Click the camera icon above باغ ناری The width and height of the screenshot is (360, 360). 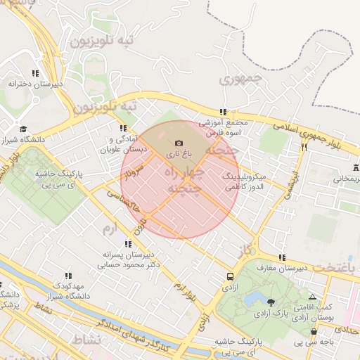(x=177, y=143)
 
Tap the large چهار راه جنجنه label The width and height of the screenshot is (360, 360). (x=184, y=180)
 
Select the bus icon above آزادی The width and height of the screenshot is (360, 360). (x=231, y=276)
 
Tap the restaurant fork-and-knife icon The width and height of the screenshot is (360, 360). (x=304, y=148)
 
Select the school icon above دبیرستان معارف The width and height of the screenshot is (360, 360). (x=282, y=257)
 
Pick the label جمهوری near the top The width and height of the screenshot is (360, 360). (x=240, y=79)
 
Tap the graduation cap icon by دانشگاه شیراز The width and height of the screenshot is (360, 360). (x=24, y=129)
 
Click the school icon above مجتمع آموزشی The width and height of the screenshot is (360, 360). (x=223, y=112)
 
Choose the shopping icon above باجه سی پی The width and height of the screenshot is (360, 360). (x=314, y=331)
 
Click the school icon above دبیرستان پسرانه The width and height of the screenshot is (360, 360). (x=127, y=244)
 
